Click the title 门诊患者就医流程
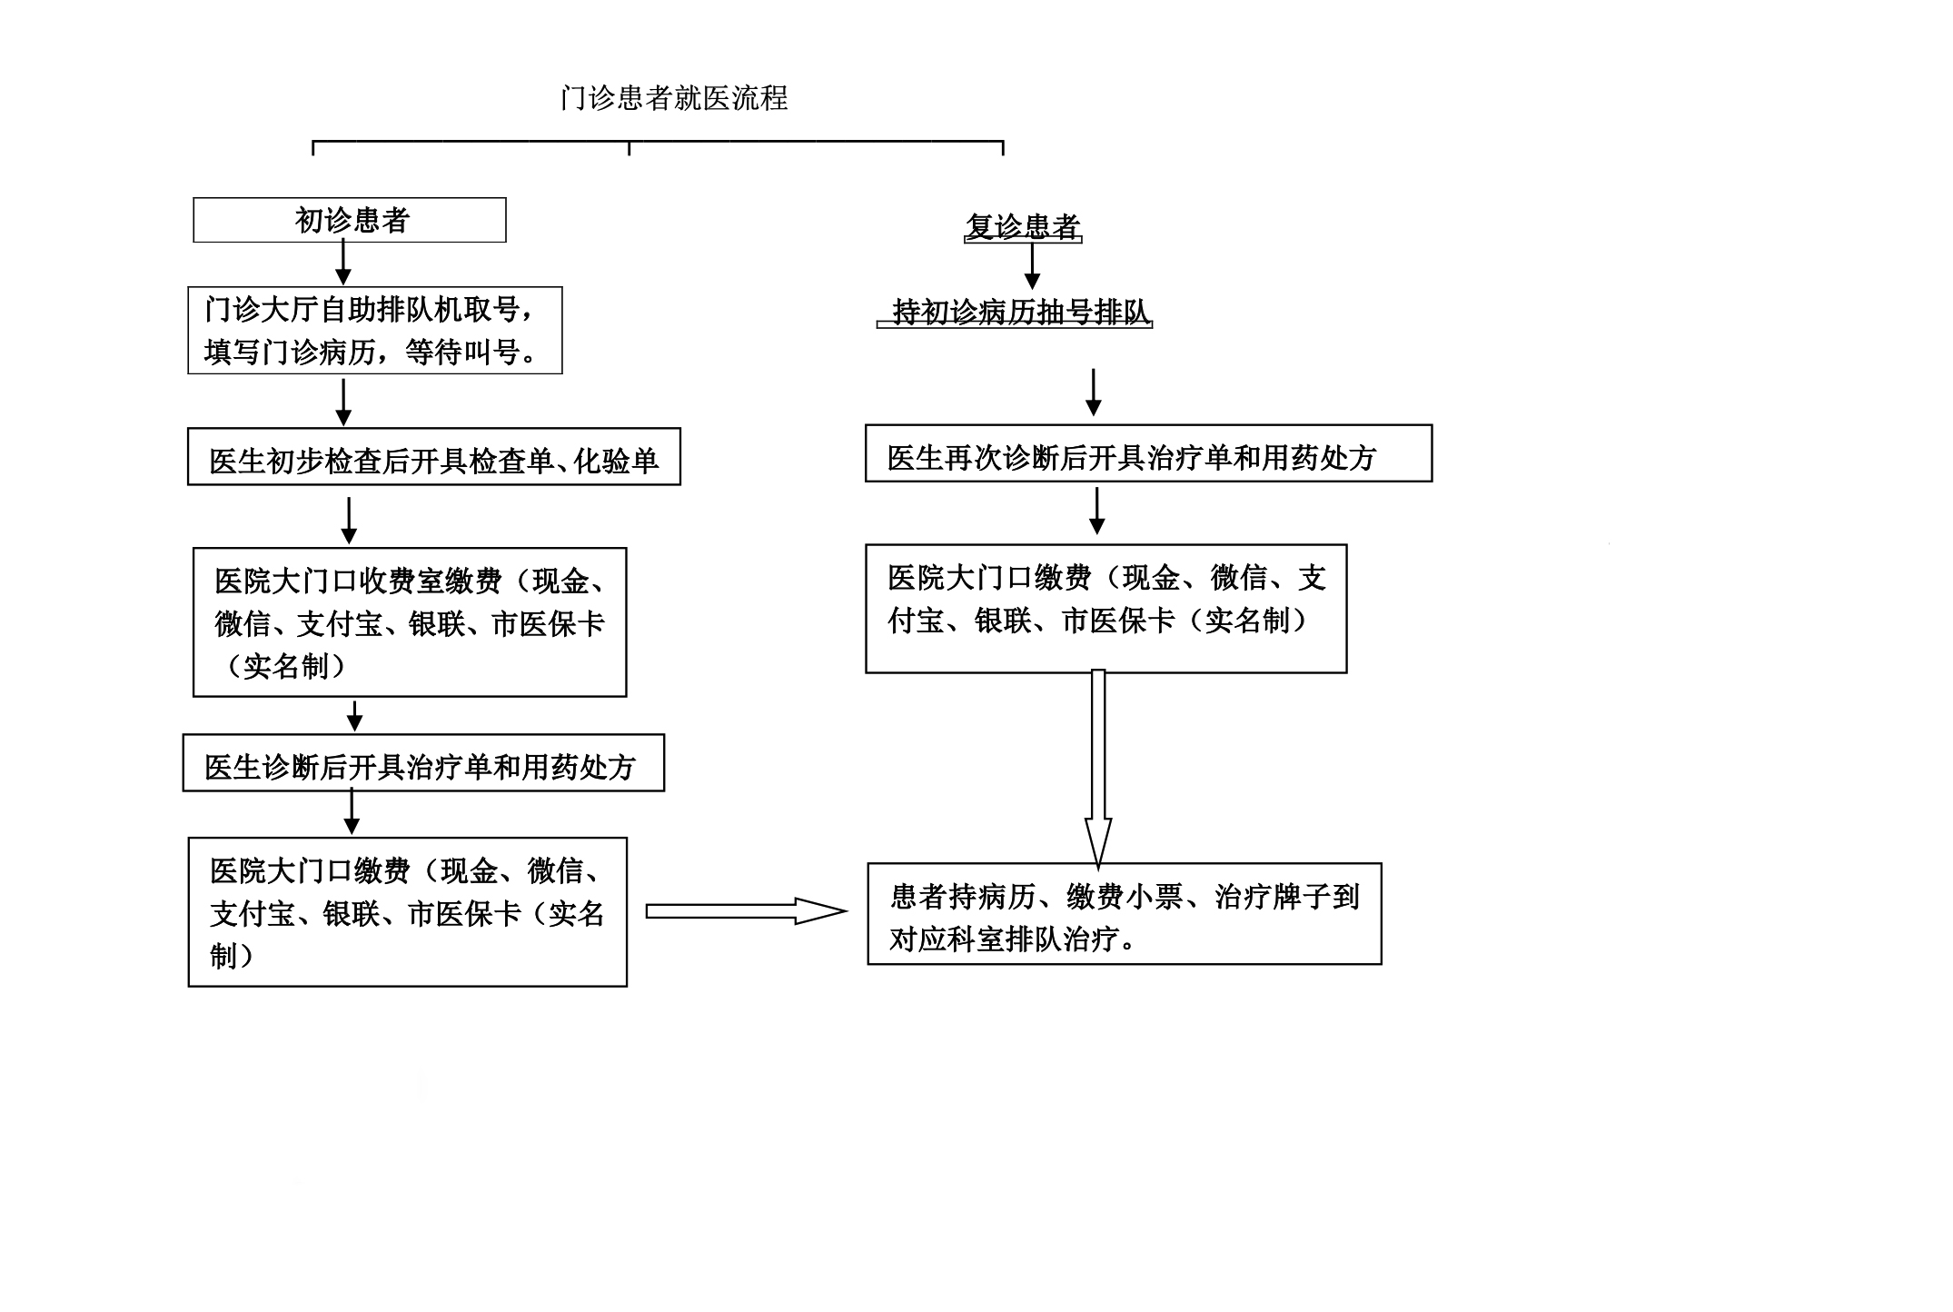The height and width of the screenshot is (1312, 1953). click(674, 98)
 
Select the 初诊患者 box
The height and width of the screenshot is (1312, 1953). click(350, 220)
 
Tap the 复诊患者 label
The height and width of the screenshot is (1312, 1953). click(1023, 226)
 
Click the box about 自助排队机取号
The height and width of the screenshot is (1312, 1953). click(374, 330)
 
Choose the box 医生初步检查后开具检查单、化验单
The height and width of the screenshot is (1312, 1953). click(433, 457)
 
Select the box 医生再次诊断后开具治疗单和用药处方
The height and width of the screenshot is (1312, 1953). click(1148, 453)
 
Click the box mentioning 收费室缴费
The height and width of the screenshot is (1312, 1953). click(409, 622)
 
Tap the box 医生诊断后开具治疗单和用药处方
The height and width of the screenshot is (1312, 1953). click(423, 763)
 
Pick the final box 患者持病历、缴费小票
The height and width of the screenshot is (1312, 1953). click(1124, 914)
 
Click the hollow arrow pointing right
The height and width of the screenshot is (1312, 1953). click(745, 911)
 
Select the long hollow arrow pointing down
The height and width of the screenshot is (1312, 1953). click(1098, 768)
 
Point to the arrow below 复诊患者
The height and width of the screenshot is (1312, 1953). click(1031, 267)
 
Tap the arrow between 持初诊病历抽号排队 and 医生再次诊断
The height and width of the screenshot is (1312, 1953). click(1094, 393)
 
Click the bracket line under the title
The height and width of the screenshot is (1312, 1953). click(658, 143)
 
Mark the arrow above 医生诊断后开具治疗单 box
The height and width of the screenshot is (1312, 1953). click(355, 716)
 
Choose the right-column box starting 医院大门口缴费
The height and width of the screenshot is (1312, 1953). click(1105, 609)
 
